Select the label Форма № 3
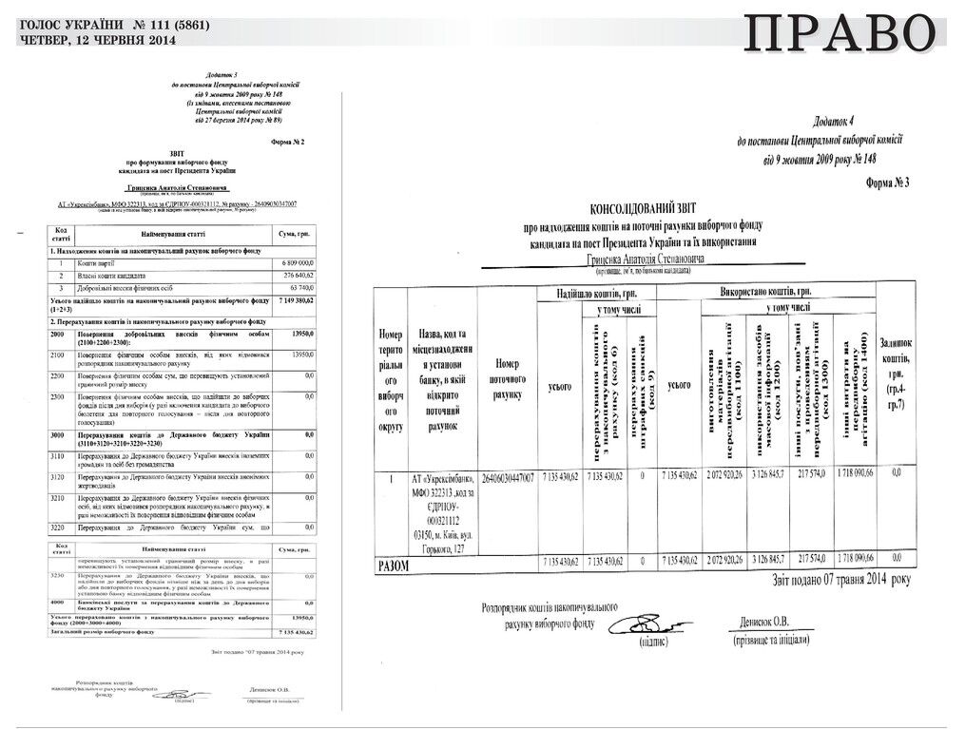pyautogui.click(x=890, y=182)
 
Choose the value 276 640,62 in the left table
pyautogui.click(x=297, y=274)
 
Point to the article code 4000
pyautogui.click(x=58, y=602)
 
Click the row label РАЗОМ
pyautogui.click(x=394, y=563)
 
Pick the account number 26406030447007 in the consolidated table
pyautogui.click(x=508, y=475)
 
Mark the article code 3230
pyautogui.click(x=58, y=576)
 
